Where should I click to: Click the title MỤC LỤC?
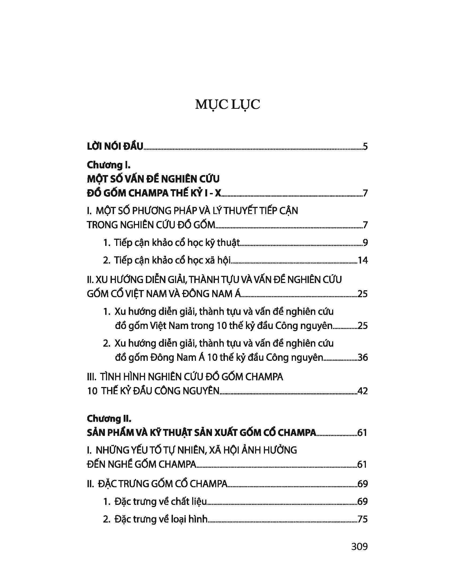coord(227,105)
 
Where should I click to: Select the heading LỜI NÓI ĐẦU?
coord(115,147)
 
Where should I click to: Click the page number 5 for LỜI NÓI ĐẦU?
coord(365,147)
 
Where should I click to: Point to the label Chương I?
coord(109,165)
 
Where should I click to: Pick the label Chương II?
coord(109,418)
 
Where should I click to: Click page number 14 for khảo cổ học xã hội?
coord(362,260)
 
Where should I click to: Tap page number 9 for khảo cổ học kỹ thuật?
coord(365,243)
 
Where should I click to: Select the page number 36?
coord(362,358)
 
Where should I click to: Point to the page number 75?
coord(362,519)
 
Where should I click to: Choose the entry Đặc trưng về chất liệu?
coord(161,502)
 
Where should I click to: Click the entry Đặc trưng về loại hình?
coord(161,519)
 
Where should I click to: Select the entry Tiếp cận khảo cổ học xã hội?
coord(172,260)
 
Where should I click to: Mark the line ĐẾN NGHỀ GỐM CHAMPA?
coord(142,465)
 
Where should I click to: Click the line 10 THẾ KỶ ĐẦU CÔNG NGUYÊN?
coord(153,391)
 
